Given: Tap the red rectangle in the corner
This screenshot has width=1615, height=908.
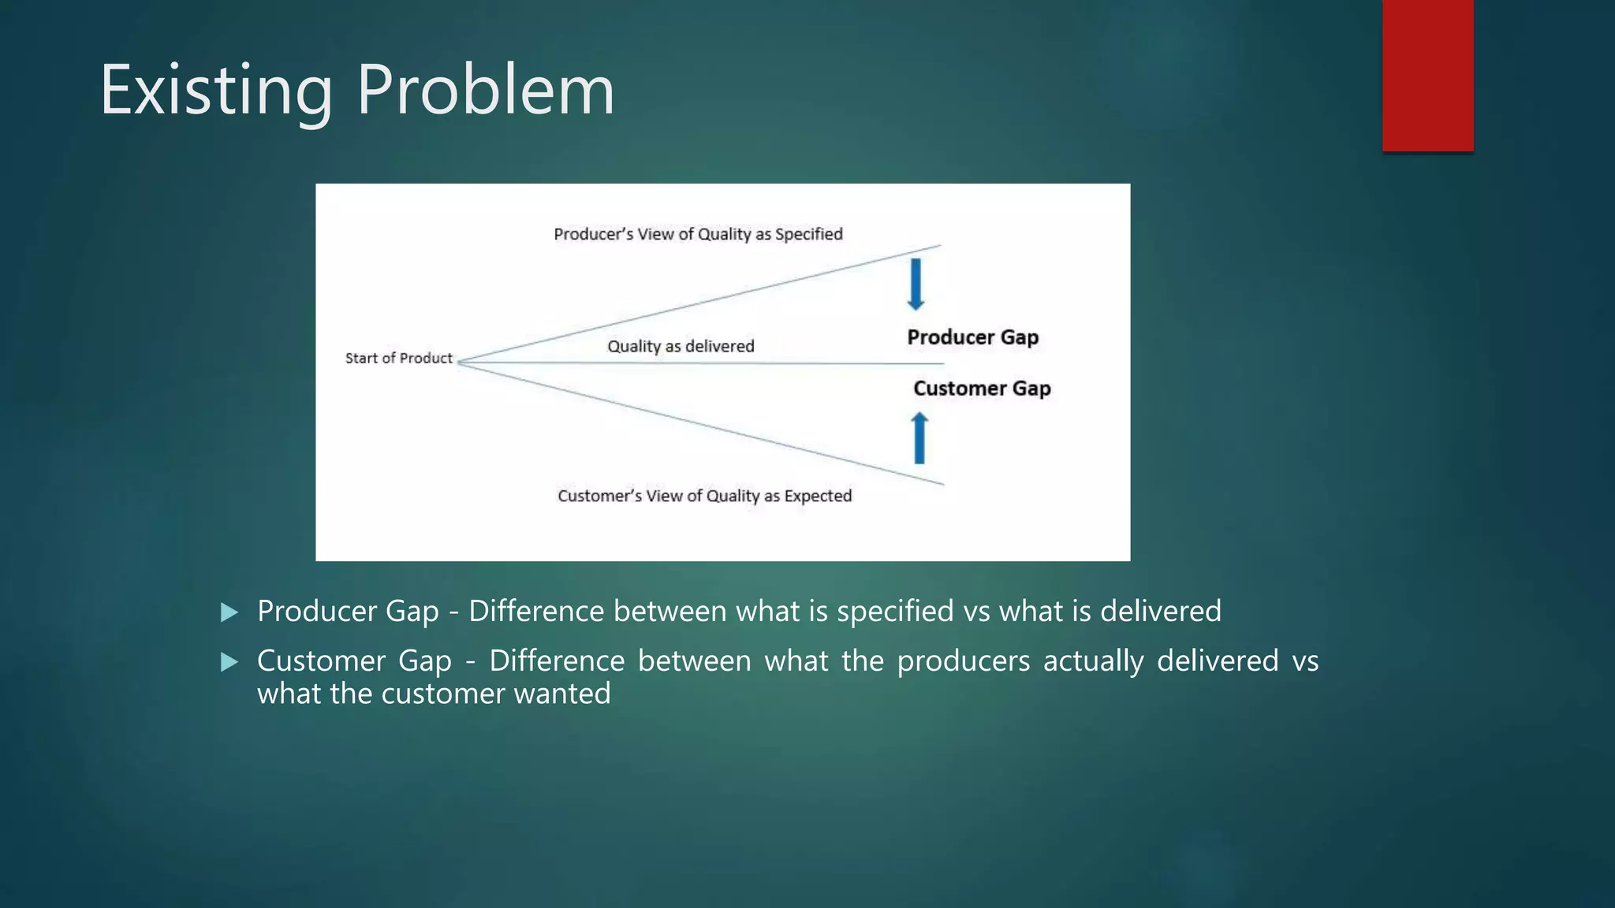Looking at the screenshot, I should pos(1427,75).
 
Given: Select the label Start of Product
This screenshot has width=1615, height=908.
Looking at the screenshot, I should pos(398,358).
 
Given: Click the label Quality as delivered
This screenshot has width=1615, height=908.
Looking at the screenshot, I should pos(681,346).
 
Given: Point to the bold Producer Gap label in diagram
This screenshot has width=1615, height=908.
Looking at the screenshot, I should pos(972,337).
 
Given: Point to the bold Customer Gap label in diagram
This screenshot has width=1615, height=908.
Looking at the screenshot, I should pos(982,389).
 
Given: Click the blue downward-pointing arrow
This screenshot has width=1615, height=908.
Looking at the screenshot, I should pos(916,284).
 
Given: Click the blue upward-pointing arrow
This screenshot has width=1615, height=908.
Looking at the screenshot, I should pos(919,438).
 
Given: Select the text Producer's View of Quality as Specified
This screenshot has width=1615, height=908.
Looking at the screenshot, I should pos(698,234).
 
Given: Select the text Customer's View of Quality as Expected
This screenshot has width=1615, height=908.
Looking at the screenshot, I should pos(704,496).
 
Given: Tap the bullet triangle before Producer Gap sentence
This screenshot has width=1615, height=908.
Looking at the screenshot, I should pos(229,612).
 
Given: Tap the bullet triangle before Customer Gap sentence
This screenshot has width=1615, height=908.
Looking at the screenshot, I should pos(229,662).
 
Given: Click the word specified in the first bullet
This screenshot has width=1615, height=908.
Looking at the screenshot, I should pos(895,612).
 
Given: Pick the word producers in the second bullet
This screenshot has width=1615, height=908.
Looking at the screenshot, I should pos(963,661).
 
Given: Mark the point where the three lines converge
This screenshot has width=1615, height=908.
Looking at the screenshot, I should pos(459,363).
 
